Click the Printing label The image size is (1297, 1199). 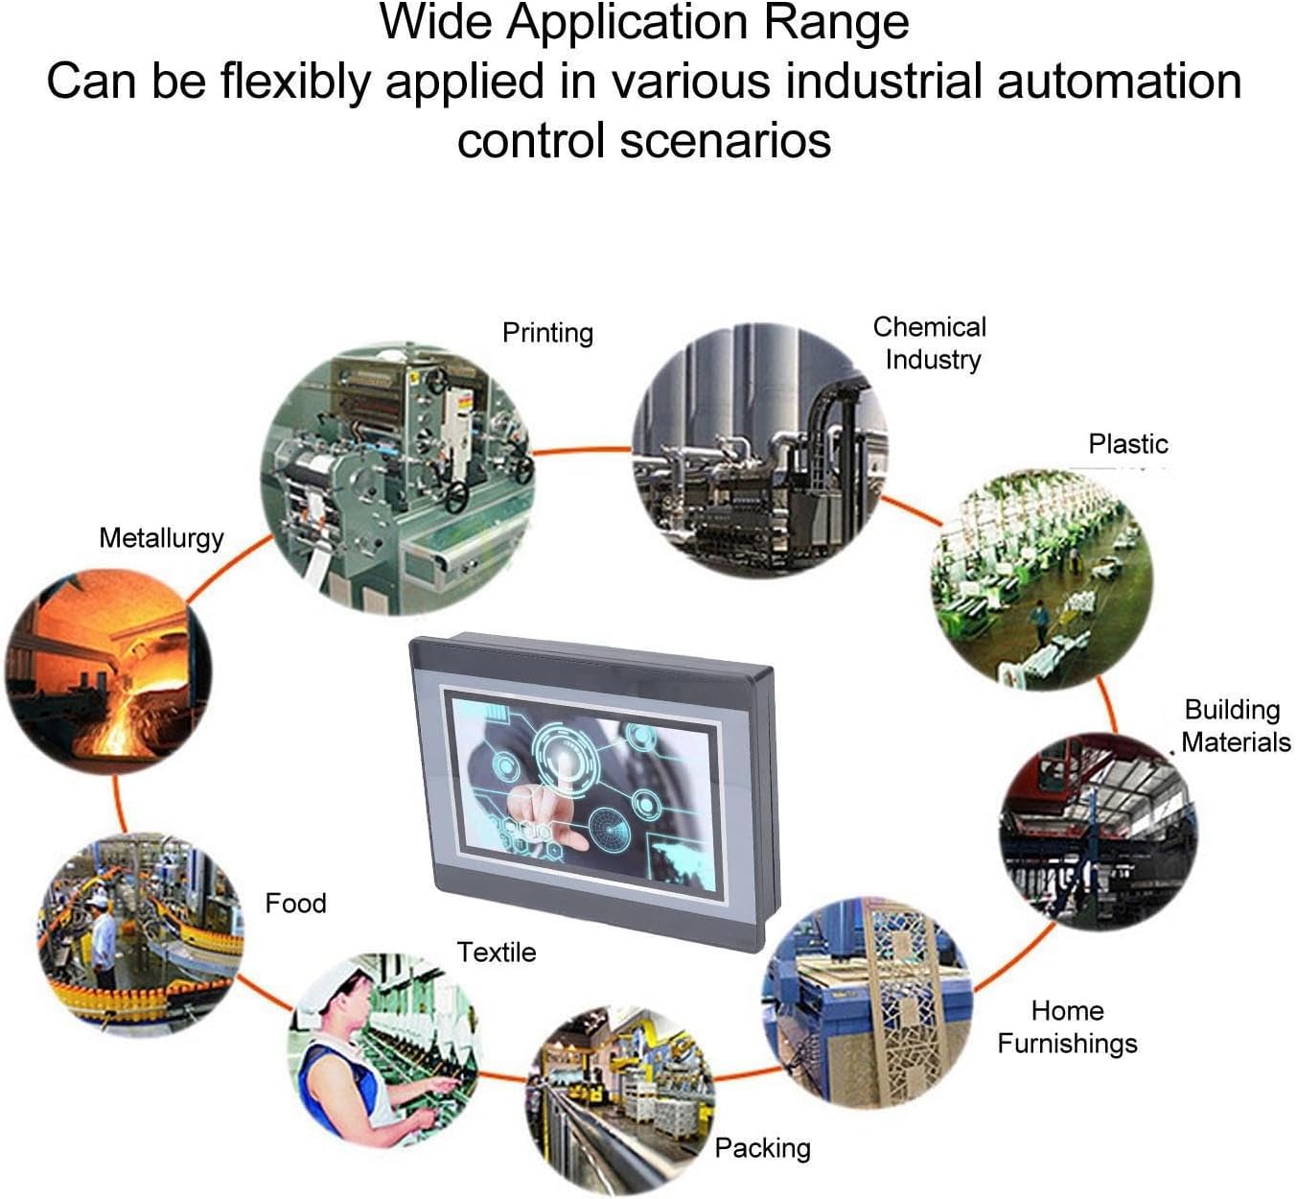tap(547, 334)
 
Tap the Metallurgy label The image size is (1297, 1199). tap(161, 539)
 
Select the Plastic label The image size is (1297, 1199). tap(1128, 444)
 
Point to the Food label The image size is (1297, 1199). tap(295, 904)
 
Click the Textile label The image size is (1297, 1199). tap(497, 952)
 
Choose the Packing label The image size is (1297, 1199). tap(762, 1149)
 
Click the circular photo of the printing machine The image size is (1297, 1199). tap(397, 479)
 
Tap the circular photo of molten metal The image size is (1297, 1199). tap(108, 671)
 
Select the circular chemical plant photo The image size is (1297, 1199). tap(759, 450)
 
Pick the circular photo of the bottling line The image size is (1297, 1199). tap(140, 935)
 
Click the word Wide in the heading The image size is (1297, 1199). tap(436, 22)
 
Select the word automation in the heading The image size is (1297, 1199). tap(1120, 82)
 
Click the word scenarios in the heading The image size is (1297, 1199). tap(725, 141)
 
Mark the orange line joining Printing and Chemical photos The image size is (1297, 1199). tap(583, 450)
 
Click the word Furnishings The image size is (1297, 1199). tap(1067, 1043)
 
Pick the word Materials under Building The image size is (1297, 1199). tap(1236, 742)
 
